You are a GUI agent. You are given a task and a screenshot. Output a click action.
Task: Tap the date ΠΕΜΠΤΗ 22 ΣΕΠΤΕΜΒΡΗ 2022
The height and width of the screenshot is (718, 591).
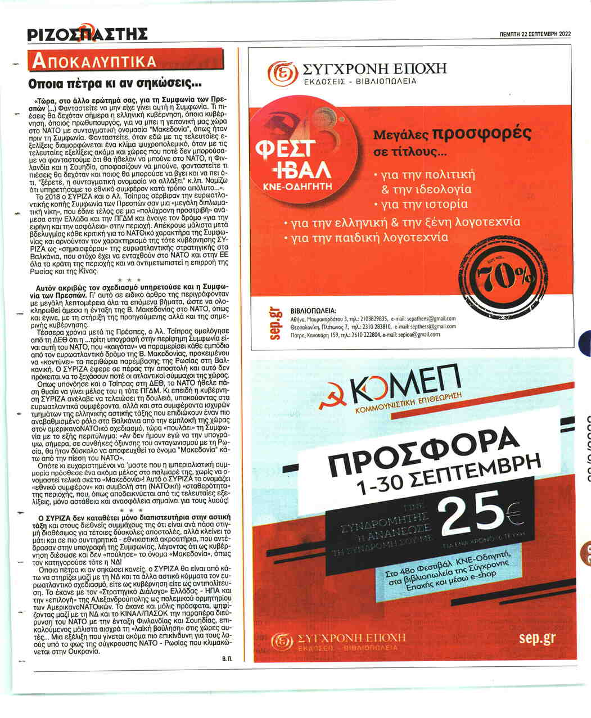click(x=535, y=34)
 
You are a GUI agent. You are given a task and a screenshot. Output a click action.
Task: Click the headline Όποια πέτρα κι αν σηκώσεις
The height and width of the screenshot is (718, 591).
click(x=115, y=85)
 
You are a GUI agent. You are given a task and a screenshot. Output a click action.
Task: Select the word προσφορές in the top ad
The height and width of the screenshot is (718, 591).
click(x=481, y=134)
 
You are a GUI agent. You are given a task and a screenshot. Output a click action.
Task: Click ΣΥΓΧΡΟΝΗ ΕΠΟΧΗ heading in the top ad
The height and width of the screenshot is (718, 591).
click(x=374, y=69)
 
